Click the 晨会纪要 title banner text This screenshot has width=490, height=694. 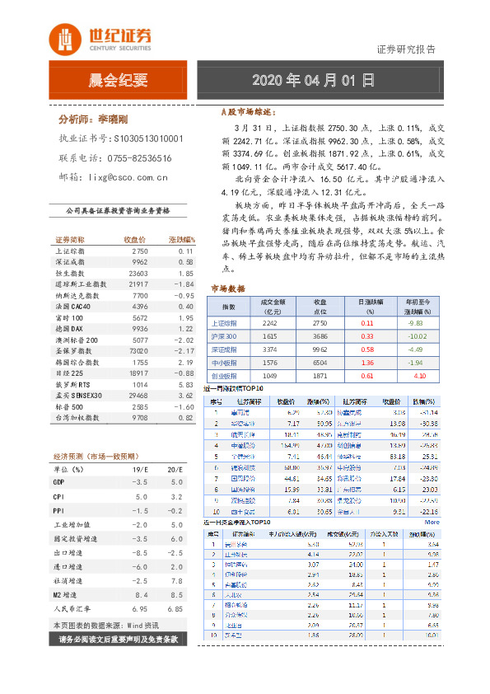pyautogui.click(x=118, y=81)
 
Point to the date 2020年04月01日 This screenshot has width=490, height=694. pyautogui.click(x=312, y=81)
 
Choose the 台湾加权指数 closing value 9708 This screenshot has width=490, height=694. pyautogui.click(x=139, y=418)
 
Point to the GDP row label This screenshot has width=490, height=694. pyautogui.click(x=58, y=481)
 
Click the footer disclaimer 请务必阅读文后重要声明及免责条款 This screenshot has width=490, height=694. pyautogui.click(x=119, y=640)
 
